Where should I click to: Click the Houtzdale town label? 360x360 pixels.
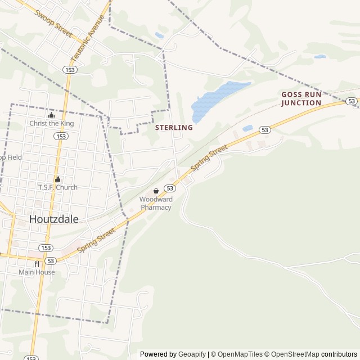click(x=54, y=219)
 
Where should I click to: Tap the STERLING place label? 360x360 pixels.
click(x=174, y=128)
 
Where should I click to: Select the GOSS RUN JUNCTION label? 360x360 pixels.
click(x=301, y=99)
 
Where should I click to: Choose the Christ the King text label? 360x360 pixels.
click(x=52, y=124)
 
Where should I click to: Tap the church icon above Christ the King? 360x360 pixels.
click(x=52, y=115)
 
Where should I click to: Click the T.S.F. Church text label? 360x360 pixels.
click(x=57, y=187)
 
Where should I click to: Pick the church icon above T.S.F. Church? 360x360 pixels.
click(x=57, y=179)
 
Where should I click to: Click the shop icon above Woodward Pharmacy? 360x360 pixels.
click(x=156, y=191)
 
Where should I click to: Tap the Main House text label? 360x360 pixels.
click(x=37, y=272)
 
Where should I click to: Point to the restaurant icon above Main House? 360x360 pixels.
click(x=37, y=263)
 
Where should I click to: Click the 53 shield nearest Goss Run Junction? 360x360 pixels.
click(x=352, y=101)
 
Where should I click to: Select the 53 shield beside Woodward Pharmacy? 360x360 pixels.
click(x=170, y=188)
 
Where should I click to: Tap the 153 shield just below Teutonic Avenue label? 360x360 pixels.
click(x=70, y=69)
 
